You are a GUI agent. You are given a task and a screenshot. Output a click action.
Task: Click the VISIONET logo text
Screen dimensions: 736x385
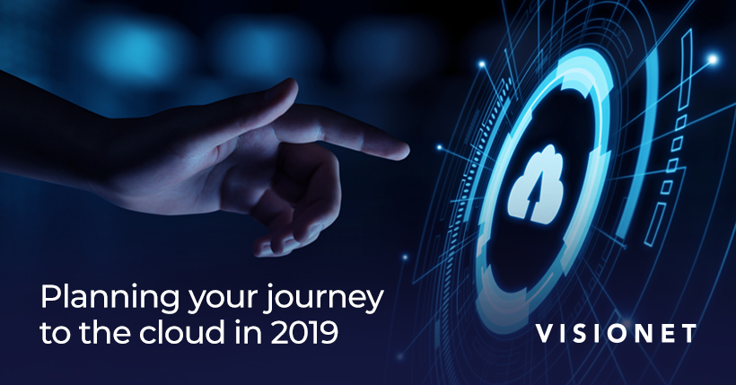point(616,333)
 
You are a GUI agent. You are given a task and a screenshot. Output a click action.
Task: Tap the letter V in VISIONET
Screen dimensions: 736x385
point(546,333)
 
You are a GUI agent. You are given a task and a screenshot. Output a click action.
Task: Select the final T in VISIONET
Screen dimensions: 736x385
point(688,333)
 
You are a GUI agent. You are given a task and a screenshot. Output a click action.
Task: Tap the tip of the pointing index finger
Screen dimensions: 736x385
point(407,151)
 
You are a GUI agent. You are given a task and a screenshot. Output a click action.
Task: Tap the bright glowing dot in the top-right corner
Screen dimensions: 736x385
point(713,59)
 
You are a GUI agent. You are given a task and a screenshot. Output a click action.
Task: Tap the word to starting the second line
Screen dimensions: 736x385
point(57,333)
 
